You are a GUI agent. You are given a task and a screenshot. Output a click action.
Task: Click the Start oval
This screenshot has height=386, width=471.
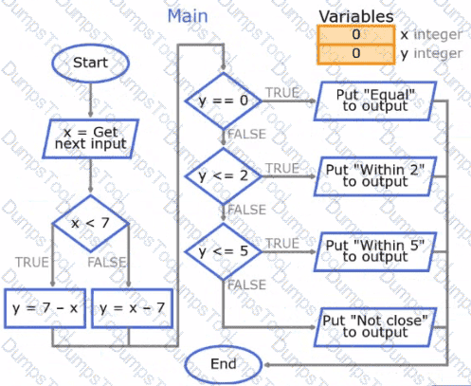91,63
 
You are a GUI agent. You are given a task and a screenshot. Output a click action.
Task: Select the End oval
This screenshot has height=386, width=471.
224,364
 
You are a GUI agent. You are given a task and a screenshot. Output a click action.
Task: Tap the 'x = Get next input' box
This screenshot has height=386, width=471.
91,138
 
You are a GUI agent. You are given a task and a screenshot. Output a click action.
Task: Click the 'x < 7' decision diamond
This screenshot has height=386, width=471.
91,224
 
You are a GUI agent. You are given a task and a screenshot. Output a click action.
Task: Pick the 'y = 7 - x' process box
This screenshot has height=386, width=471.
45,308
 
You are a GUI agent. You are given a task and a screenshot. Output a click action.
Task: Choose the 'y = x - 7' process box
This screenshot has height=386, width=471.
132,308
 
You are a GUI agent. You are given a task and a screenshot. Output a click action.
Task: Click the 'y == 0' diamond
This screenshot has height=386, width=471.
224,101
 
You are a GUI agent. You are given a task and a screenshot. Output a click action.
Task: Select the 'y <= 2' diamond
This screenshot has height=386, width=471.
224,176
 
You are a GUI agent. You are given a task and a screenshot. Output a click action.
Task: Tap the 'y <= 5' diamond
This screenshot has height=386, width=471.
224,251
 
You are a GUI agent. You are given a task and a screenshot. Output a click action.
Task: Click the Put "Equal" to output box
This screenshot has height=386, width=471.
375,101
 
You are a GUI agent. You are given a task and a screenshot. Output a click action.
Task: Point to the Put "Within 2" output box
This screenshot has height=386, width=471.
375,176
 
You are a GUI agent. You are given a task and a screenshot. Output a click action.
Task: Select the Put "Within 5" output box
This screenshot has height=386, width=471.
375,251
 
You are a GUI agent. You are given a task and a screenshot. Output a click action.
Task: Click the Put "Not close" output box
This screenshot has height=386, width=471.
375,327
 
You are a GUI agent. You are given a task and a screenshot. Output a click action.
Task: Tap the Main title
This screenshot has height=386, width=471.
188,16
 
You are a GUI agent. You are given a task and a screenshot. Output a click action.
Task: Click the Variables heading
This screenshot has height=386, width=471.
356,16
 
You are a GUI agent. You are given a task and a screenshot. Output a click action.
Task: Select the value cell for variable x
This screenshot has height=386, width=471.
356,34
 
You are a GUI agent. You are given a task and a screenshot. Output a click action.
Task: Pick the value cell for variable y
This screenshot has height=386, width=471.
356,54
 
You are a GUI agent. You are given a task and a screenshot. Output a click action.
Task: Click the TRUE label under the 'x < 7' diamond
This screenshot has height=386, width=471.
32,263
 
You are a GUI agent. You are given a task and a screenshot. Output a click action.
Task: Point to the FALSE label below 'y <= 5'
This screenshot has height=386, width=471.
247,285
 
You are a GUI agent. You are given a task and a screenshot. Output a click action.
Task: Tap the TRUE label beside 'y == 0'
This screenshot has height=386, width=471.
282,93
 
